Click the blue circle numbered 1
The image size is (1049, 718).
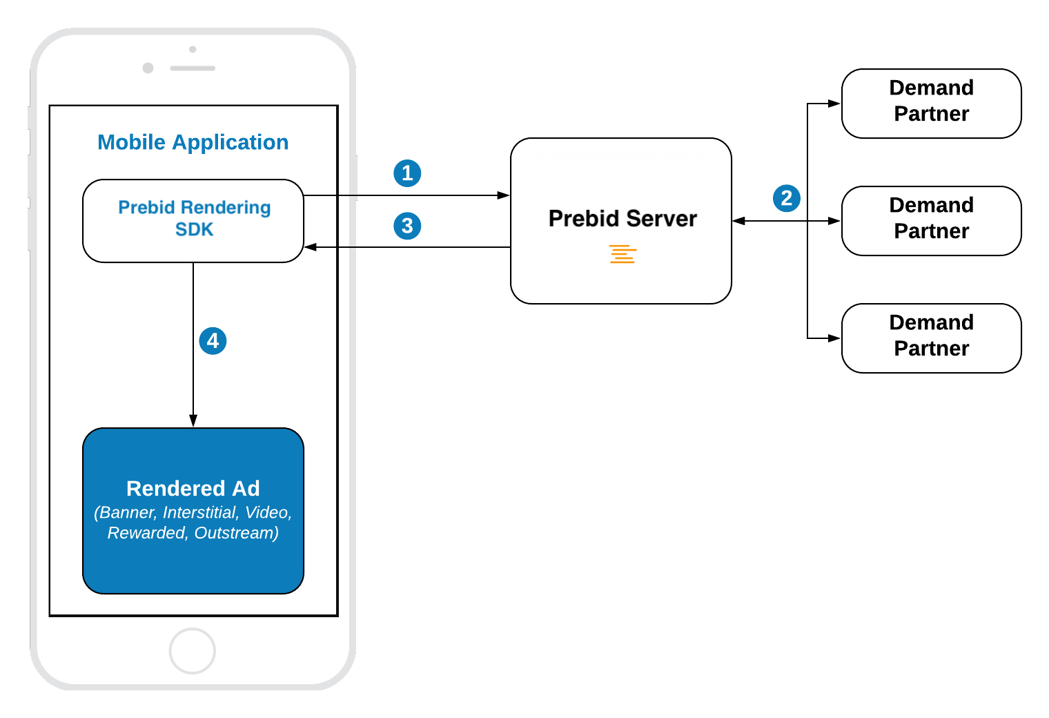[407, 173]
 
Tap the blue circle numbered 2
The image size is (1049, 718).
[786, 198]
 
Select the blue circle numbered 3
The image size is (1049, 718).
[407, 226]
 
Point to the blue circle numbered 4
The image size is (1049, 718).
[213, 340]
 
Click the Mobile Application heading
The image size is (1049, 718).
[193, 142]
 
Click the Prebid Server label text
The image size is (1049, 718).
[622, 218]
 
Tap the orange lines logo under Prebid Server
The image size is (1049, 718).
[622, 254]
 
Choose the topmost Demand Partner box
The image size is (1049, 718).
[930, 103]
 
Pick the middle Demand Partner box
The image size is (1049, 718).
[930, 220]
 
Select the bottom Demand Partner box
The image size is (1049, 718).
[930, 338]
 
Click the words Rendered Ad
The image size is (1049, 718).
[193, 488]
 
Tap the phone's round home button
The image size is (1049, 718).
[193, 650]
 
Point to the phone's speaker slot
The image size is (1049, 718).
[193, 68]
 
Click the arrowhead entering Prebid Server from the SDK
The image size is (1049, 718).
[504, 195]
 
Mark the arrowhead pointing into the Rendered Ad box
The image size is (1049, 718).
[193, 420]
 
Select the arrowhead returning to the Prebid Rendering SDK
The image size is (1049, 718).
[311, 246]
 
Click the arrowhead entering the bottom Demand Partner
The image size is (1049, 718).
[834, 338]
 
